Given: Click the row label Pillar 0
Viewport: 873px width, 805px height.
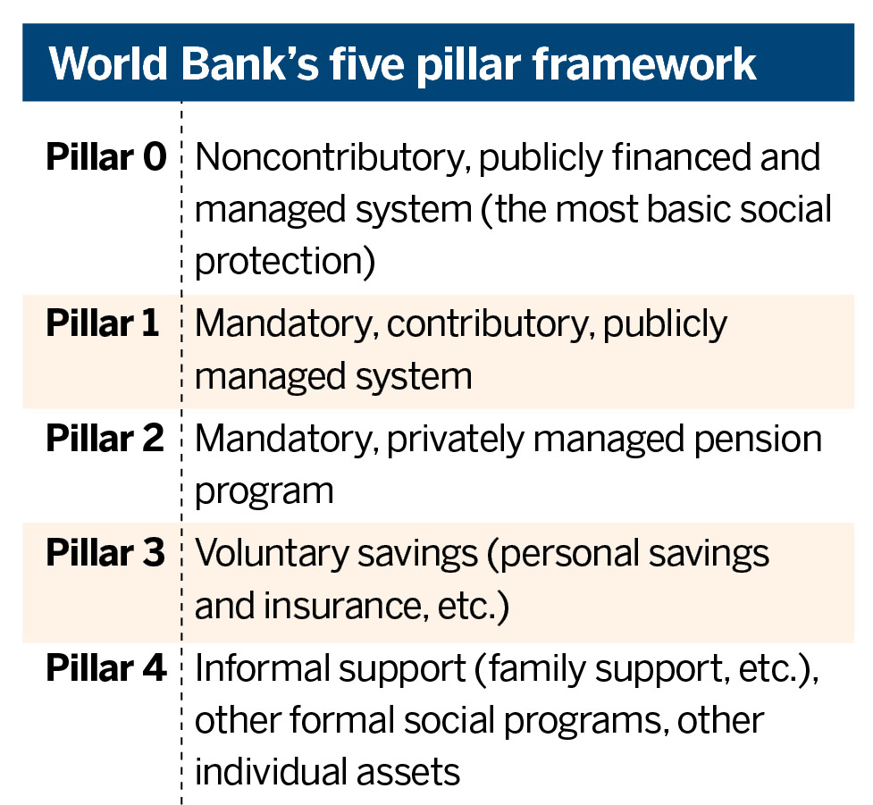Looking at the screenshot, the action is (x=106, y=157).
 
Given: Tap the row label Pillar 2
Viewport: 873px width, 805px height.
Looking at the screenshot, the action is (x=105, y=438).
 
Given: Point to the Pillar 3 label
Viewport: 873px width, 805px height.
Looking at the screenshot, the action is (x=105, y=553).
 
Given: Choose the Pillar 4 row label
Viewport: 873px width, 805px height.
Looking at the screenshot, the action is (x=106, y=667).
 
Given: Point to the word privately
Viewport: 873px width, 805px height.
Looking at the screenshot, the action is (x=456, y=440).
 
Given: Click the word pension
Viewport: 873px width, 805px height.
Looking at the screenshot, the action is (x=758, y=440).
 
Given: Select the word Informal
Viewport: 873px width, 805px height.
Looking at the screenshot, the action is (x=262, y=668).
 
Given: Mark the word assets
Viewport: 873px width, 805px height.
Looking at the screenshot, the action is (x=408, y=772).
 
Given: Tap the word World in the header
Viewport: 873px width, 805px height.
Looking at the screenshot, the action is (x=109, y=64).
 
